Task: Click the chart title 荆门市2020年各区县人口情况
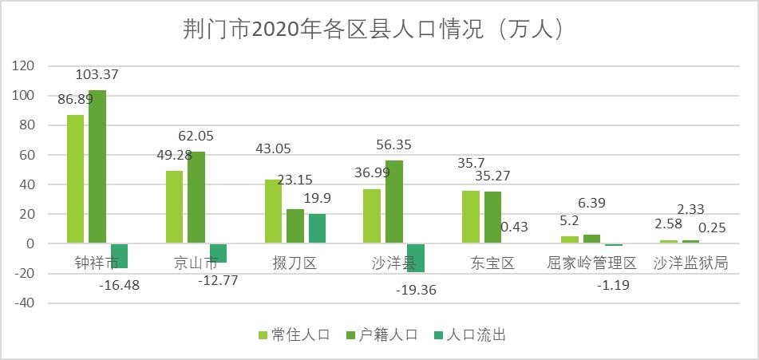(x=374, y=30)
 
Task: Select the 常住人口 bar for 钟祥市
(x=75, y=179)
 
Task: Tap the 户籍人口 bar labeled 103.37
(x=97, y=166)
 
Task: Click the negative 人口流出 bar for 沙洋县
(x=415, y=257)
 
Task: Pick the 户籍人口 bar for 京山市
(x=196, y=197)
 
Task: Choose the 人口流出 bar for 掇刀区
(x=317, y=228)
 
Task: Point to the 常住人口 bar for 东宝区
(x=471, y=216)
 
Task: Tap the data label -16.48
(x=119, y=285)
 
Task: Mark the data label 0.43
(x=514, y=227)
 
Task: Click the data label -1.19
(x=613, y=284)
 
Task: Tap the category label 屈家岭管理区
(x=591, y=263)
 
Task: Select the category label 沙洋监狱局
(x=690, y=263)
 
